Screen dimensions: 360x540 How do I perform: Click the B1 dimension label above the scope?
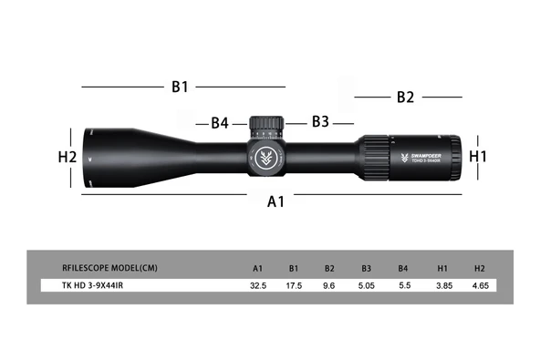tap(180, 87)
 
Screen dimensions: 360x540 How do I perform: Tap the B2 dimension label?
tap(405, 97)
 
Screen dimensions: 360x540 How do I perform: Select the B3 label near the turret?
tap(320, 121)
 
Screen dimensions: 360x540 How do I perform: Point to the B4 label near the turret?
tap(219, 123)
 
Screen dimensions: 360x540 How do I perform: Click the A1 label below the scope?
tap(276, 202)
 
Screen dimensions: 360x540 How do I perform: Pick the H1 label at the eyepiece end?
tap(479, 157)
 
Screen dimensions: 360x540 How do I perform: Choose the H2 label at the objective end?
tap(67, 157)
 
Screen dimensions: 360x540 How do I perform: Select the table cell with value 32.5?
tap(258, 286)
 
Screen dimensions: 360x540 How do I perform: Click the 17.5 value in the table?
tap(295, 286)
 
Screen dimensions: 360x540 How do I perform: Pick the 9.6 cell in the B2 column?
tap(329, 286)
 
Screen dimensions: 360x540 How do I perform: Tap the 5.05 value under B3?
tap(366, 286)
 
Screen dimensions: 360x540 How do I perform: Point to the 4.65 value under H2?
tap(480, 286)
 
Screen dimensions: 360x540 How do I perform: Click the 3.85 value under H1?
tap(441, 286)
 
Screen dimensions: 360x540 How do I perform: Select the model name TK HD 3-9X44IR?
tap(94, 286)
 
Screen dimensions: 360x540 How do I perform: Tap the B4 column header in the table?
tap(402, 268)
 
